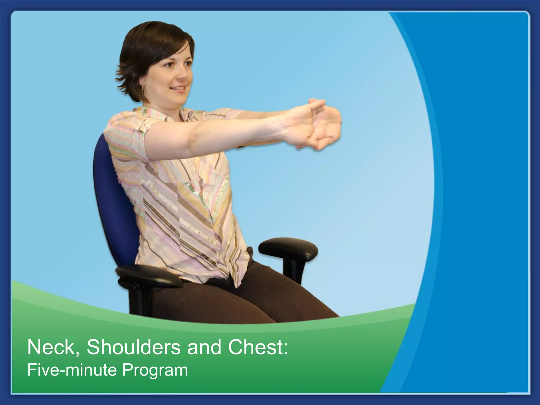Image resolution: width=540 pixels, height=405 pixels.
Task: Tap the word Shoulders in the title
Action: point(133,347)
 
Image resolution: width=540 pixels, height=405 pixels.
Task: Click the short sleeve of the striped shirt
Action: point(127,132)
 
